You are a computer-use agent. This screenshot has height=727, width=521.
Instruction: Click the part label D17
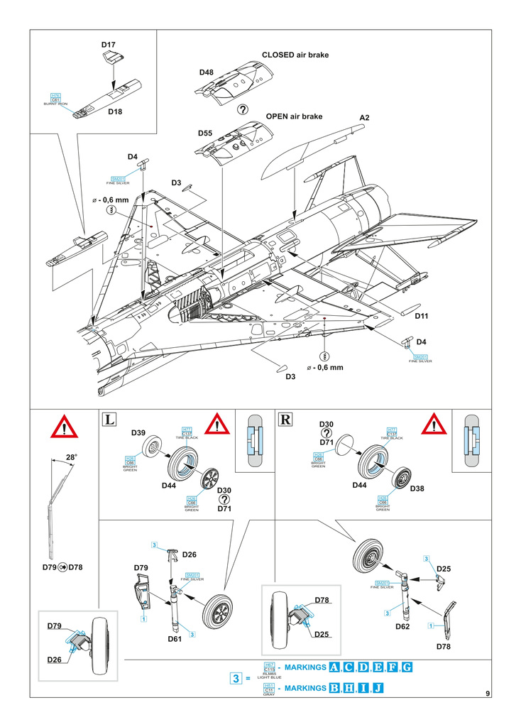tap(109, 45)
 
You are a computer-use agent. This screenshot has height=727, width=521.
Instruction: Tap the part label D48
tap(206, 72)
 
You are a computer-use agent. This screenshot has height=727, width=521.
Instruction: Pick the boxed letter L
tap(109, 419)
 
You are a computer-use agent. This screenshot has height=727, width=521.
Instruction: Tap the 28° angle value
tap(71, 458)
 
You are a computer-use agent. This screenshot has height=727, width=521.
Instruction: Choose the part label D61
tap(176, 638)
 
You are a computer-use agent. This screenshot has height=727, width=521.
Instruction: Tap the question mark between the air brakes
tap(243, 109)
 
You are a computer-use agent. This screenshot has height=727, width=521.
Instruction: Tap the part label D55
tap(206, 133)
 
